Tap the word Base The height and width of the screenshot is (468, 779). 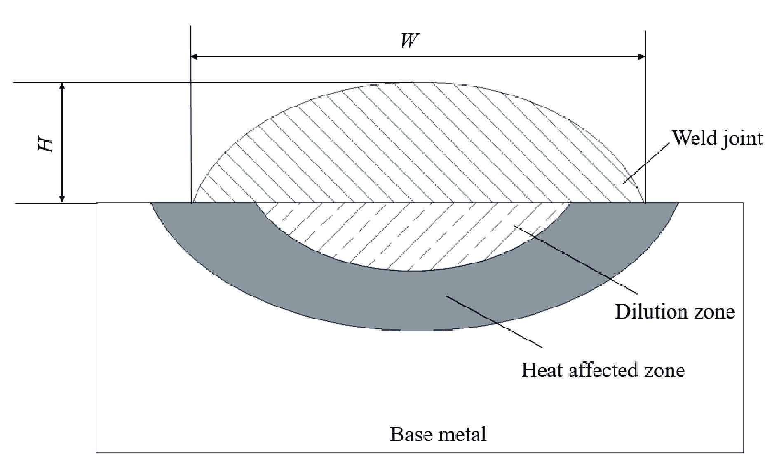point(408,434)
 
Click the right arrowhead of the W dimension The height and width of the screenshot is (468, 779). point(641,56)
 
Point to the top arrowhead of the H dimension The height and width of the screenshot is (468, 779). point(62,86)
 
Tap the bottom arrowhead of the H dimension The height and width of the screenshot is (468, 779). point(62,199)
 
